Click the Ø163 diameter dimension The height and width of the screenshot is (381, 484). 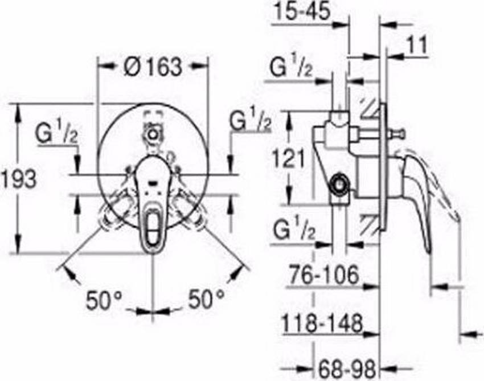point(153,67)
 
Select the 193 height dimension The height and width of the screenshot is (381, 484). point(19,179)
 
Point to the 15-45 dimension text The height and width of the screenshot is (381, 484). point(302,11)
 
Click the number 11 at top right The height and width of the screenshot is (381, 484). point(417,46)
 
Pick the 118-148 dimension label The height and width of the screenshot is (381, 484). point(322,322)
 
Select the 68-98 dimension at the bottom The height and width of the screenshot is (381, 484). point(347,369)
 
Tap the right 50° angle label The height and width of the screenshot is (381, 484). point(206,298)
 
